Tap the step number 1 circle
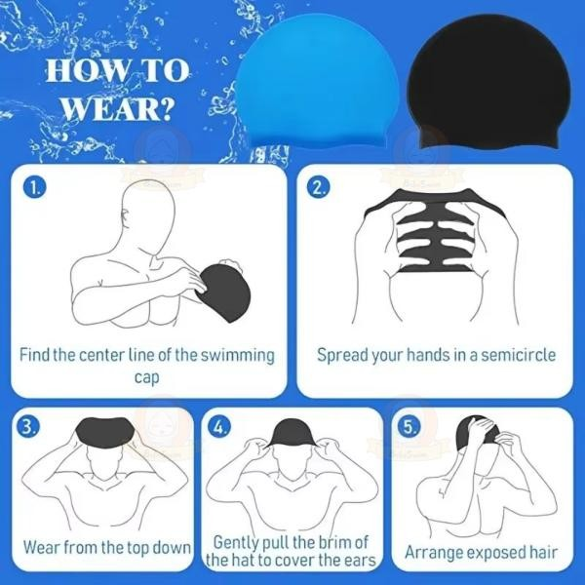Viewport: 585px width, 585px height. tap(36, 187)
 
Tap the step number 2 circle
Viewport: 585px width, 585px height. tap(319, 187)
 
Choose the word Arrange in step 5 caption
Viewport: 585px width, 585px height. tap(435, 553)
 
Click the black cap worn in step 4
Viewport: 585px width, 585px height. tap(292, 435)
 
